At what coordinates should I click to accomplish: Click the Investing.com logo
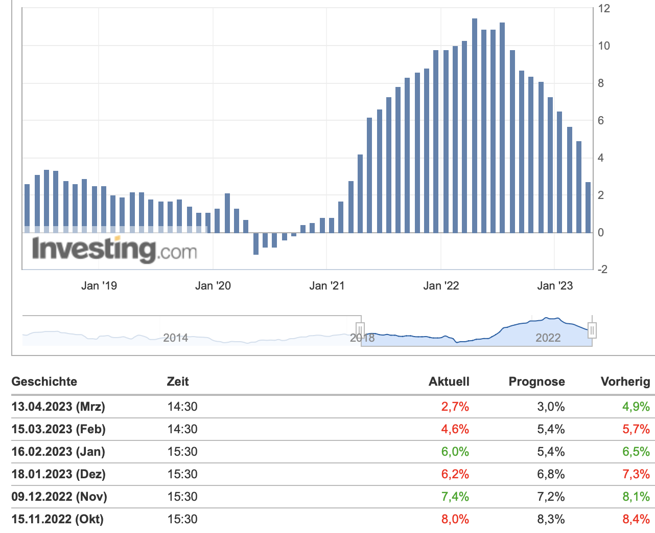[114, 250]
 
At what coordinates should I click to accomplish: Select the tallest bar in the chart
[475, 125]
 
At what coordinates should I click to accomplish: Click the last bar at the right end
[588, 207]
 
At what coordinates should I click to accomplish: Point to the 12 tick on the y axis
[604, 8]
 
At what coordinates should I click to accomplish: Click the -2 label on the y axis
[602, 270]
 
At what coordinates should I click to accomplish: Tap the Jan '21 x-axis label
[327, 286]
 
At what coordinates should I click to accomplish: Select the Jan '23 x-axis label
[555, 286]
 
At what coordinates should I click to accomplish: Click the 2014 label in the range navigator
[175, 338]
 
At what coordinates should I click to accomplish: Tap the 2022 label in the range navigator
[548, 338]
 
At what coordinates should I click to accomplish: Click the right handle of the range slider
[592, 330]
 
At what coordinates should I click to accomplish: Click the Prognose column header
[536, 382]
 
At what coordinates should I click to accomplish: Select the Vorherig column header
[625, 382]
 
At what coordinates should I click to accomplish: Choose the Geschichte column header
[44, 382]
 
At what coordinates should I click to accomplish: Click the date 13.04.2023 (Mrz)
[58, 407]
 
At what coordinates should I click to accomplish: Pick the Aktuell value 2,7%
[455, 407]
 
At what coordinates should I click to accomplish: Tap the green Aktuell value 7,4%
[455, 497]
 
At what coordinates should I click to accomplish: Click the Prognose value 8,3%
[551, 519]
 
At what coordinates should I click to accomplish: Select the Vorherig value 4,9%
[636, 407]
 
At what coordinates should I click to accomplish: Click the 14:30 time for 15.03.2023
[182, 429]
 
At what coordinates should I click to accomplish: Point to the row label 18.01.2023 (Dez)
[58, 474]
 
